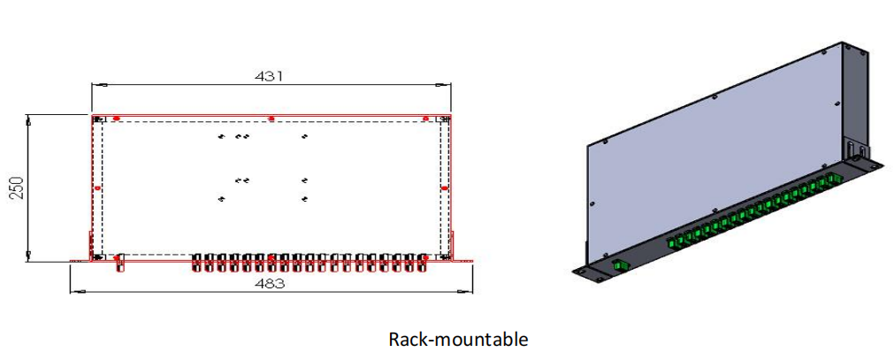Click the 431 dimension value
270,76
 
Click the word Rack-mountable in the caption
458,339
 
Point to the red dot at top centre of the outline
271,118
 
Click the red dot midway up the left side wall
96,188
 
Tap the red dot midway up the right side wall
445,188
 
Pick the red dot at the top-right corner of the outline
425,118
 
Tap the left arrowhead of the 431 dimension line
96,85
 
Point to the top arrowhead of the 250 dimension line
29,119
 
